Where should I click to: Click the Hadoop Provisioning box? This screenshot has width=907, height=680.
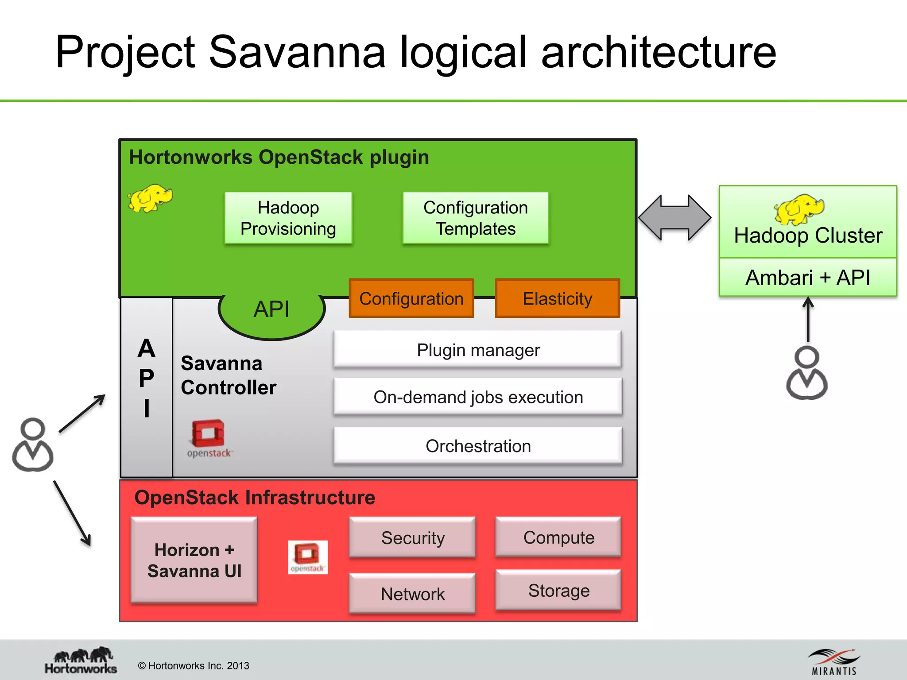coord(288,218)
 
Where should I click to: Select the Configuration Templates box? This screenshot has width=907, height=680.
coord(476,218)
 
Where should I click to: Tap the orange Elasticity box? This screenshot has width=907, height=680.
coord(557,298)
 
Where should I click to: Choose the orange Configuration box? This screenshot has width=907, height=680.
coord(411,298)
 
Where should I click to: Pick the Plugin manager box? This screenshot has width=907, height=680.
coord(478,350)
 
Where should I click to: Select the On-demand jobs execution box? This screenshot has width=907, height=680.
coord(478,397)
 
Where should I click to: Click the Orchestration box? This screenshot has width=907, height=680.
coord(478,446)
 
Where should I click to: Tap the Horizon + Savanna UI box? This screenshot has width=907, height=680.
coord(194,560)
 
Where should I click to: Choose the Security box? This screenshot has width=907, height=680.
coord(412,537)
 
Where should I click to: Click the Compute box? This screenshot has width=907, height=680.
coord(558,537)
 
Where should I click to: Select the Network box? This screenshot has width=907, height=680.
coord(412,594)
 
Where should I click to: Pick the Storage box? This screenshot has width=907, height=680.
coord(558,590)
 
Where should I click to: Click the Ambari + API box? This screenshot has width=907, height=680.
coord(808,278)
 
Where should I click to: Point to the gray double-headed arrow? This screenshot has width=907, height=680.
coord(674,218)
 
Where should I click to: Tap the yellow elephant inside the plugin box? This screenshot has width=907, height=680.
coord(150,198)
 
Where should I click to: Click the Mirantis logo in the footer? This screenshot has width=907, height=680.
coord(834,662)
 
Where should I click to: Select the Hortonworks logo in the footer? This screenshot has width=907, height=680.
coord(81,661)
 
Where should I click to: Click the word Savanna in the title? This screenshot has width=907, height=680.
coord(297,52)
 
